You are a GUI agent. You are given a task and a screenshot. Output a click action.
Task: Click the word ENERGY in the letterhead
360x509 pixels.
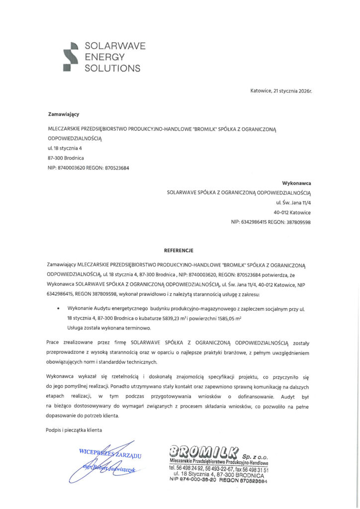(104, 57)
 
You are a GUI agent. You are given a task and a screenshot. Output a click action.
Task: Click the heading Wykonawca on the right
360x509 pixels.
(296, 183)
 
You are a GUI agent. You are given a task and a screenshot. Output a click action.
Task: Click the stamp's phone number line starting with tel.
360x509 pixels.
(219, 469)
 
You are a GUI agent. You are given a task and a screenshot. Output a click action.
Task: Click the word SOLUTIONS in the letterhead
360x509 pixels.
(112, 68)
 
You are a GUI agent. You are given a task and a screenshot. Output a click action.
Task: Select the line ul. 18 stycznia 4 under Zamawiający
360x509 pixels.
(65, 148)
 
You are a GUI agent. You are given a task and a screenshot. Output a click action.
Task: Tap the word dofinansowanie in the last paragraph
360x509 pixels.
(259, 396)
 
